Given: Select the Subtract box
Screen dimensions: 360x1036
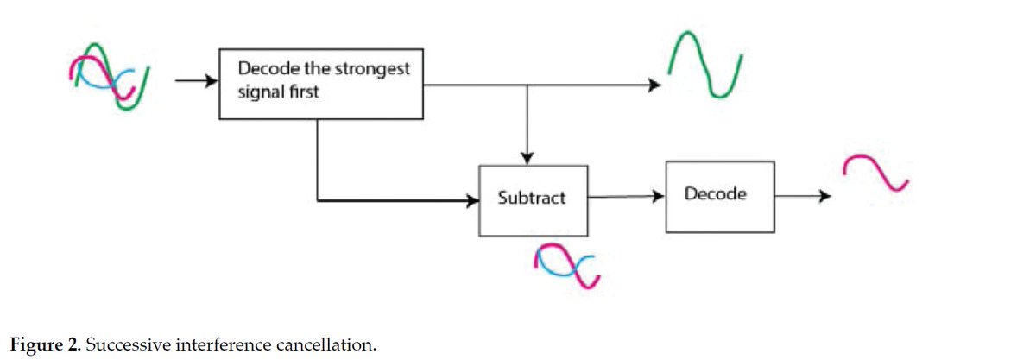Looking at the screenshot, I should point(533,200).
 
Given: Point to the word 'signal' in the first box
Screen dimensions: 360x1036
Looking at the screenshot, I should point(262,92).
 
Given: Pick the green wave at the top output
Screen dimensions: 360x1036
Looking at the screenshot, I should point(705,65).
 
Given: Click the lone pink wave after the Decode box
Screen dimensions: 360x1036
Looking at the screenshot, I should point(875,173).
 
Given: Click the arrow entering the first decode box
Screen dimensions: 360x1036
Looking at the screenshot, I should point(195,81).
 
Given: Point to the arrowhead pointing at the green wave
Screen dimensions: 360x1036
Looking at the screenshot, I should point(655,85).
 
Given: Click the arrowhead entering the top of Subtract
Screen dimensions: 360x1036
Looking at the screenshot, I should point(527,158).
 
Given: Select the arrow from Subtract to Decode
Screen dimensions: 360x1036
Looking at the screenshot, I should point(626,196).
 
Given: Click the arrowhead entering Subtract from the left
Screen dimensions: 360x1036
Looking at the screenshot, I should point(472,201).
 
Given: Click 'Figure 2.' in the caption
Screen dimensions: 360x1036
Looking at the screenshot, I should point(42,345).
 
